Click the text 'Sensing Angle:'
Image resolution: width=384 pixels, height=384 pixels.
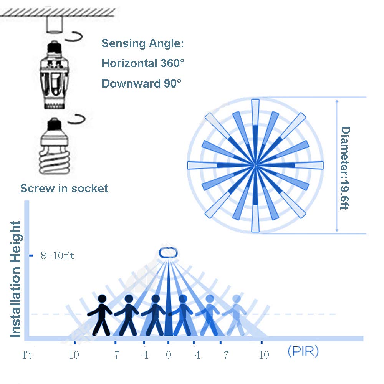143,43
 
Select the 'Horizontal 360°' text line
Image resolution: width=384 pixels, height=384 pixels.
143,63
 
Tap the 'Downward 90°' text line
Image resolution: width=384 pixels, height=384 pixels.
141,83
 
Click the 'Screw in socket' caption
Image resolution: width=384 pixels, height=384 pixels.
64,189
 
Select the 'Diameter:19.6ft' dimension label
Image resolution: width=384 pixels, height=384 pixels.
345,168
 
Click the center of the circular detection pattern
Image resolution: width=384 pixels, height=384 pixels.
255,165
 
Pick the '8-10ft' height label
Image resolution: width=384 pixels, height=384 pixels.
58,256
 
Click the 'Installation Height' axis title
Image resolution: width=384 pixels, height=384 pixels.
16,279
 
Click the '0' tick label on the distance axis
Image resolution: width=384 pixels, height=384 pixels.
169,355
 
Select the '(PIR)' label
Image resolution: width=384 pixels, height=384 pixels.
303,352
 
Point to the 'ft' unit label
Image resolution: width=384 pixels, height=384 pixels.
27,355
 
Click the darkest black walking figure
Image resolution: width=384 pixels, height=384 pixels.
101,315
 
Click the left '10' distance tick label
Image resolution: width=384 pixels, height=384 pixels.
74,355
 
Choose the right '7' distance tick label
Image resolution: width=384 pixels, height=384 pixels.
226,355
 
